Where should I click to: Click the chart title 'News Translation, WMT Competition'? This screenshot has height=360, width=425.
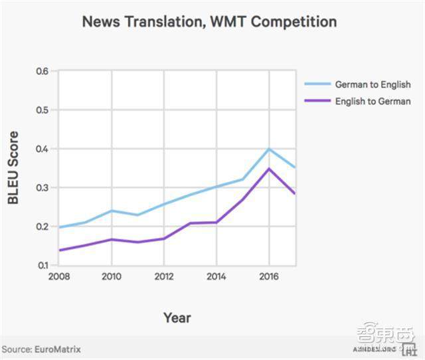tap(209, 21)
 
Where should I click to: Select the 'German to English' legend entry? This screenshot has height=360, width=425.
tap(373, 85)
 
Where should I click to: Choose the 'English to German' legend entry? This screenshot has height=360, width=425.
tap(373, 102)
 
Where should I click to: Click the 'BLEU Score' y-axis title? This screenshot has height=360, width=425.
tap(14, 167)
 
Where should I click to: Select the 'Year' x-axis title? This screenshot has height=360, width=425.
tap(177, 317)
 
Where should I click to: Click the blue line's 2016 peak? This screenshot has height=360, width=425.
tap(268, 149)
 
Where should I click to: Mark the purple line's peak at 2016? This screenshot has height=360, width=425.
tap(268, 169)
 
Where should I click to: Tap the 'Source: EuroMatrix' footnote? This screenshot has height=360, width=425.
tap(41, 349)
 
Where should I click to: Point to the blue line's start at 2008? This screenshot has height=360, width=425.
tap(59, 227)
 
